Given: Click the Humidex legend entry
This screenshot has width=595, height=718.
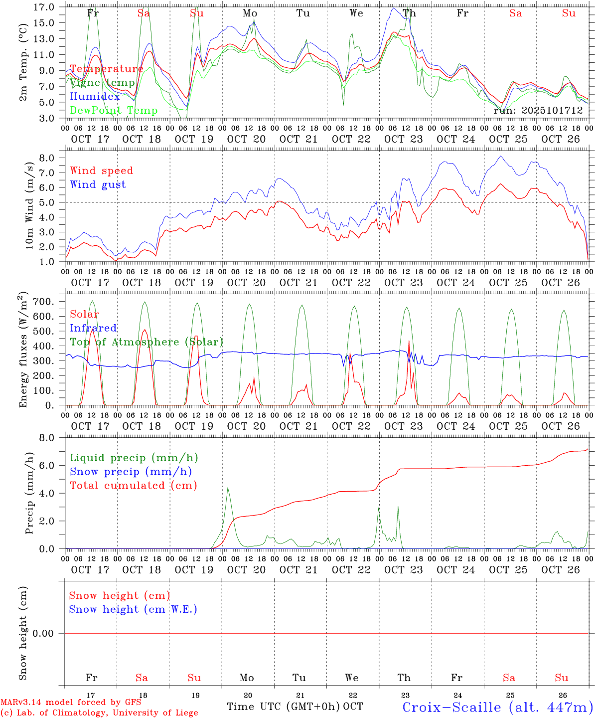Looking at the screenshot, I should point(95,97).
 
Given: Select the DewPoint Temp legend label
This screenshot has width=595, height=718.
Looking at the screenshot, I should point(114,111).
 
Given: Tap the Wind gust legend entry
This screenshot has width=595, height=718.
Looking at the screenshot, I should point(98,184).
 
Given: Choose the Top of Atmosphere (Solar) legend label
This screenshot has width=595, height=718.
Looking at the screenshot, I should point(146,342).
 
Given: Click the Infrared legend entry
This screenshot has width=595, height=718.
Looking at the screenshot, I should point(93,328).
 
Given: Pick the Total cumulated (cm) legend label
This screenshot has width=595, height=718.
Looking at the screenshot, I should point(133,485).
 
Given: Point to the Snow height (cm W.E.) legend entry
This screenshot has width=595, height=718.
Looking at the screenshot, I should point(133,609).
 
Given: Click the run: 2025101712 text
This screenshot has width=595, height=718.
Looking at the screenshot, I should point(538,111).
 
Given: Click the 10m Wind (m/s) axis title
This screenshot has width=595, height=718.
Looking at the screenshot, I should point(30,205).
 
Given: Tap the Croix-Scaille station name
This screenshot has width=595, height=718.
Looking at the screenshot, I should point(497,707).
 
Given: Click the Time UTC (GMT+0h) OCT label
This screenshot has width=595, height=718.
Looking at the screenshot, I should point(295,707).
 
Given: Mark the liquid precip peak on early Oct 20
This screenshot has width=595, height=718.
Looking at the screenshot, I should point(228,488).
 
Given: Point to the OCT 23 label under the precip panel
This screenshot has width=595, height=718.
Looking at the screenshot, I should point(404,569).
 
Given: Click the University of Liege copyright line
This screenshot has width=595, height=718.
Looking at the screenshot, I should point(99,713).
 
